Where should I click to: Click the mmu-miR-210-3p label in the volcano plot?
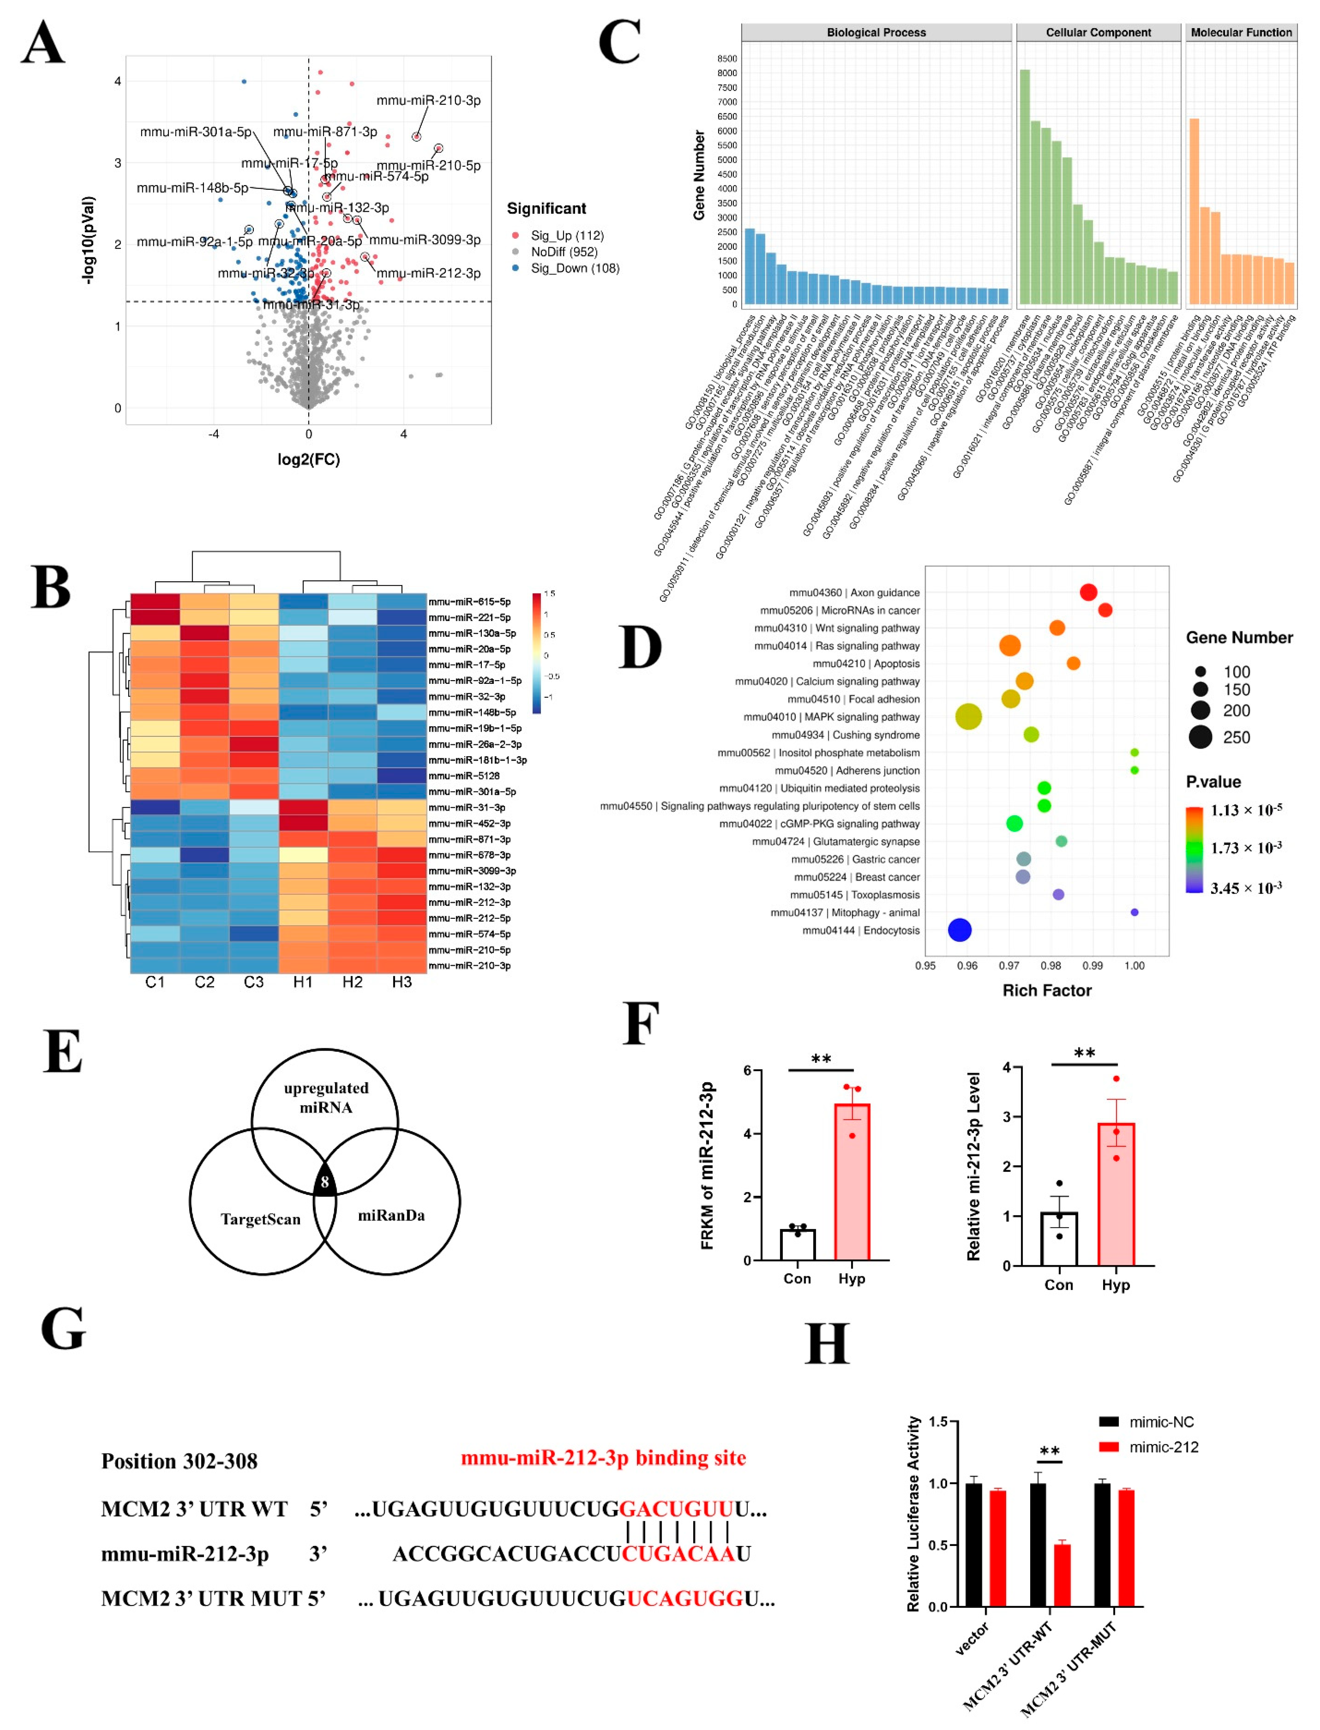(x=428, y=101)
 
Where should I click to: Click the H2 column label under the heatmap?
(x=352, y=982)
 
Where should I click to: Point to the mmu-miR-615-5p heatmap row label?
(x=469, y=601)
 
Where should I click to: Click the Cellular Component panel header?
(x=1098, y=32)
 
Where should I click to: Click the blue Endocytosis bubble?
(x=959, y=930)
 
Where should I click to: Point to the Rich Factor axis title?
(x=1046, y=990)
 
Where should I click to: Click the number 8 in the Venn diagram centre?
(x=324, y=1181)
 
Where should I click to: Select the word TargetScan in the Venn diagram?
(x=260, y=1219)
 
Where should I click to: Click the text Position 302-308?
(x=179, y=1461)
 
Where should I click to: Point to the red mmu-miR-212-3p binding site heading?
(x=603, y=1458)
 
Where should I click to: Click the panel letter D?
(x=640, y=647)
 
